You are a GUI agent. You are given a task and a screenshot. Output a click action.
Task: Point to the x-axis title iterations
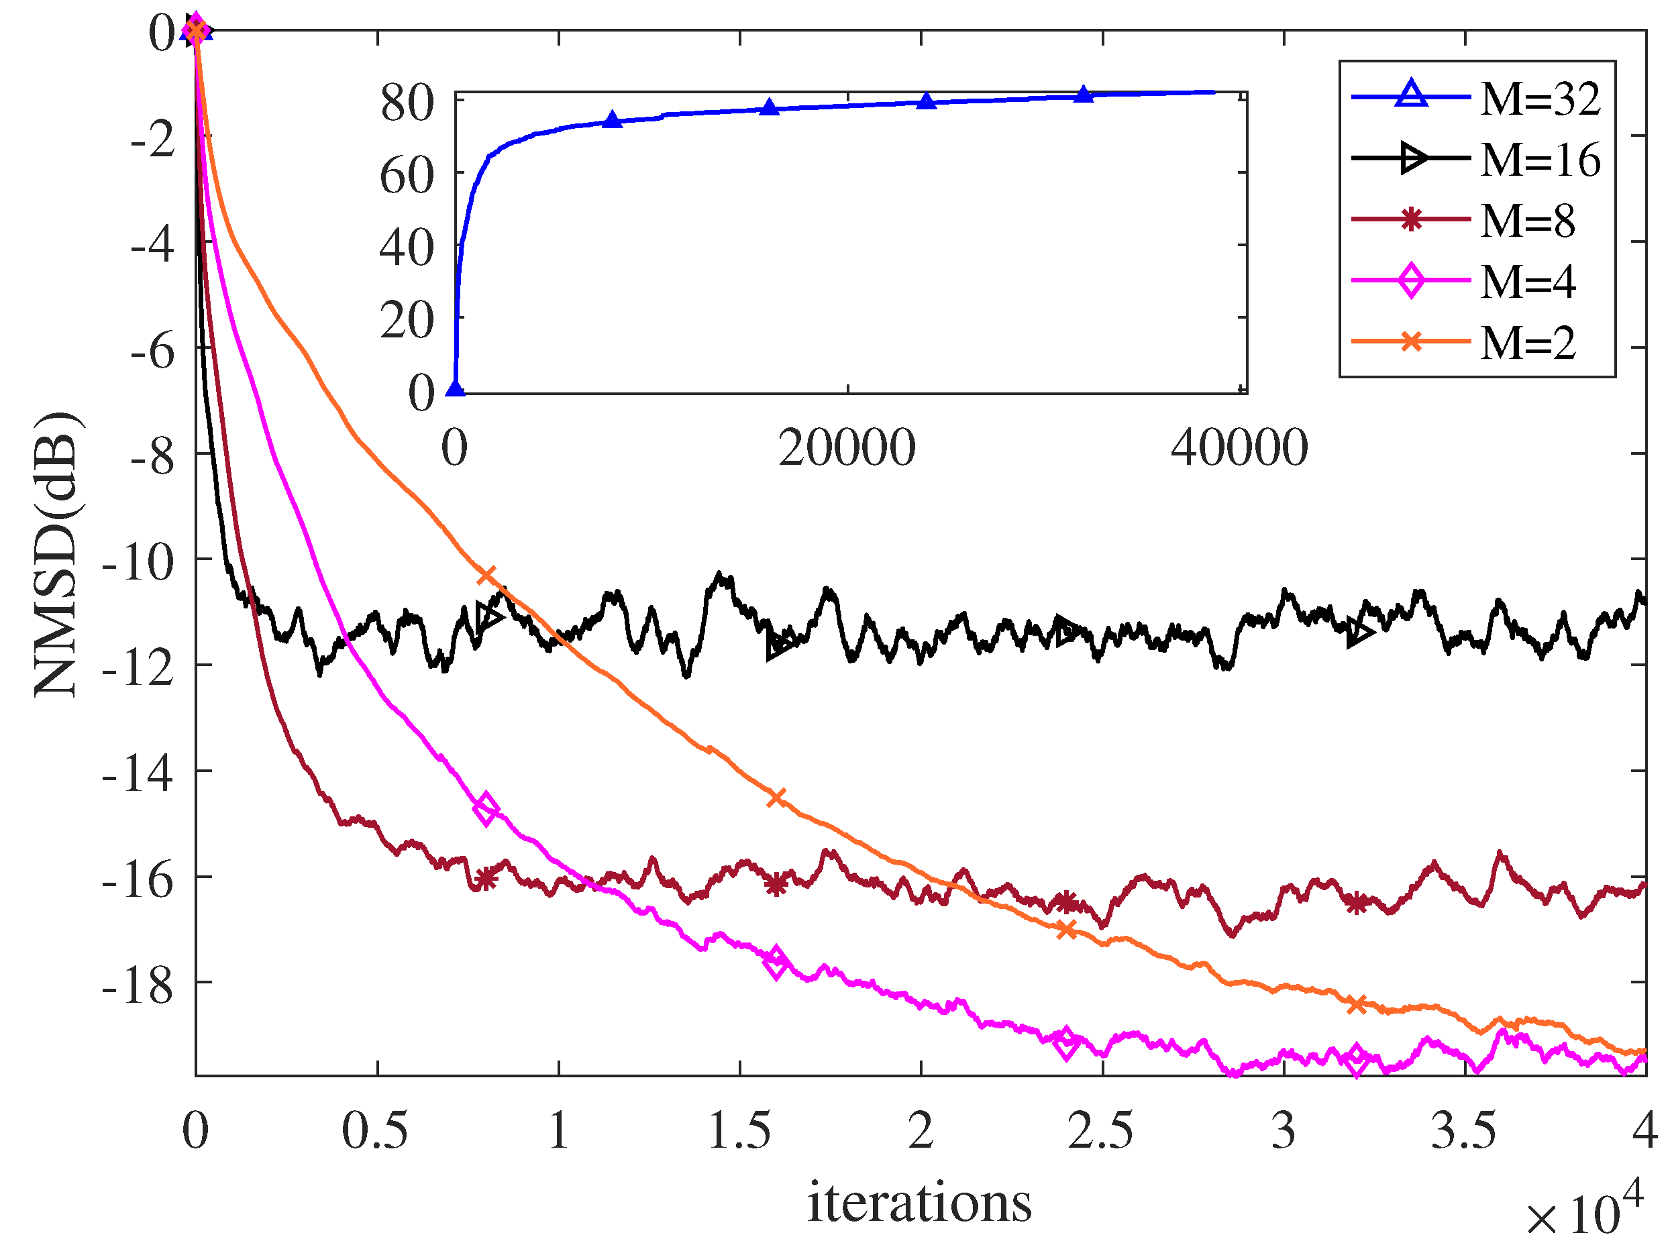[x=919, y=1203]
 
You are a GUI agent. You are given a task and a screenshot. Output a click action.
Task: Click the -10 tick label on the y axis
[x=139, y=561]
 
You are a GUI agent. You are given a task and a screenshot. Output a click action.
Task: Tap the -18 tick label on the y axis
[x=139, y=985]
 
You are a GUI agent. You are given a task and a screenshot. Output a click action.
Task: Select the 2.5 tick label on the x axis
[x=1100, y=1131]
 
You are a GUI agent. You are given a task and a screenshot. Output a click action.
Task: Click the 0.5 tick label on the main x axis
[x=375, y=1131]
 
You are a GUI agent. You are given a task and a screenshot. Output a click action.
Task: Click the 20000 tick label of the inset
[x=847, y=448]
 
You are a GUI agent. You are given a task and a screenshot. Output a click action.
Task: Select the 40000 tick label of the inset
[x=1239, y=448]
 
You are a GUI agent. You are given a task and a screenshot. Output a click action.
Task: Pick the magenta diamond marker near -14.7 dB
[x=486, y=808]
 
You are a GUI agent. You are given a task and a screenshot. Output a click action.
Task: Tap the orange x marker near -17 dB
[x=1066, y=930]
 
